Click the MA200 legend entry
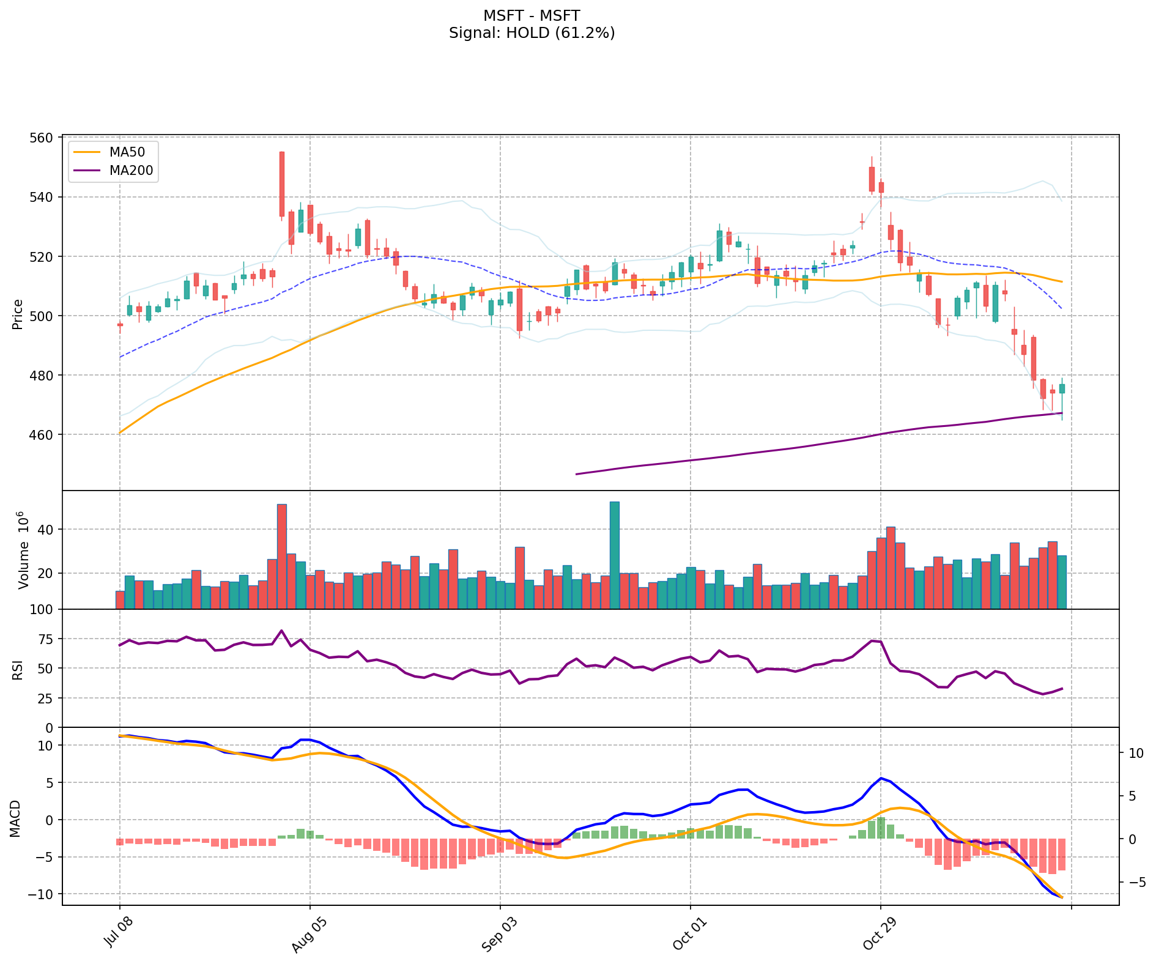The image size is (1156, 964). (x=131, y=171)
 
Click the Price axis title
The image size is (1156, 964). (x=18, y=314)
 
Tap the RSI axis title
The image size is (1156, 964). (x=18, y=669)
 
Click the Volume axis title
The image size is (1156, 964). (x=23, y=550)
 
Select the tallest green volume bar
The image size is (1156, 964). (x=615, y=555)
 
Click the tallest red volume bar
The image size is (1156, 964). (x=282, y=557)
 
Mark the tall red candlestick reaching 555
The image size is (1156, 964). (x=282, y=184)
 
